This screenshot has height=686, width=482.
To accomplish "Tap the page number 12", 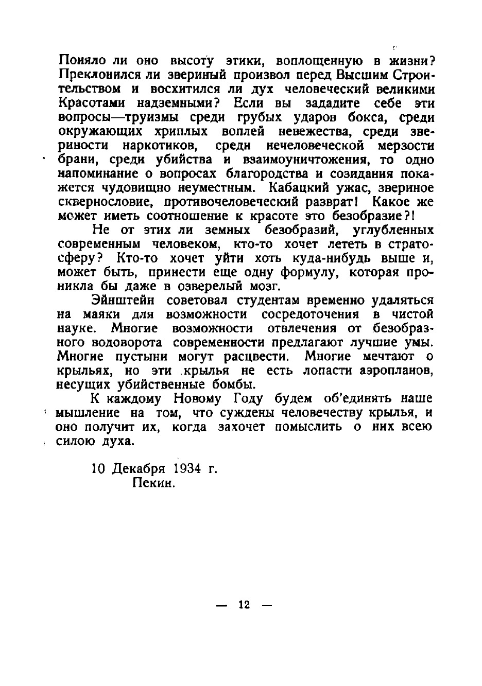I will tap(244, 605).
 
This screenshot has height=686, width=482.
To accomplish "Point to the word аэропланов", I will tap(391, 371).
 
